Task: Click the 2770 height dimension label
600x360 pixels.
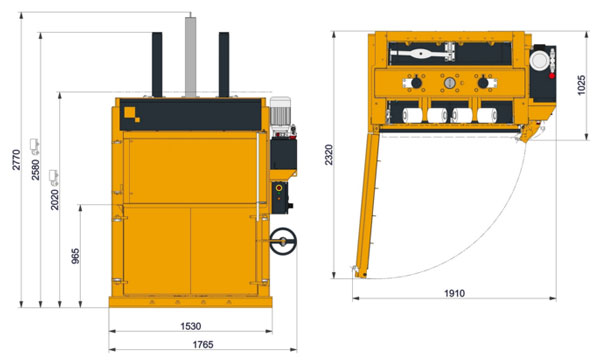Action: pyautogui.click(x=16, y=160)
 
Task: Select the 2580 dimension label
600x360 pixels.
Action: pyautogui.click(x=35, y=169)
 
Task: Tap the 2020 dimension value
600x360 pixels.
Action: pyautogui.click(x=55, y=199)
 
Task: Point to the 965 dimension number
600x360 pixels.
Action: pyautogui.click(x=75, y=256)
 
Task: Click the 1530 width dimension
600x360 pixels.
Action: pyautogui.click(x=191, y=326)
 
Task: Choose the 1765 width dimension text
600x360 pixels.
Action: pyautogui.click(x=203, y=344)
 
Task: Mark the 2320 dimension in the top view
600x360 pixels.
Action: pyautogui.click(x=329, y=155)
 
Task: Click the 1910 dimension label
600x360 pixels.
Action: pyautogui.click(x=455, y=293)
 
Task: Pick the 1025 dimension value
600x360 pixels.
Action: pyautogui.click(x=581, y=85)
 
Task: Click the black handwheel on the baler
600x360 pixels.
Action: pyautogui.click(x=283, y=241)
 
